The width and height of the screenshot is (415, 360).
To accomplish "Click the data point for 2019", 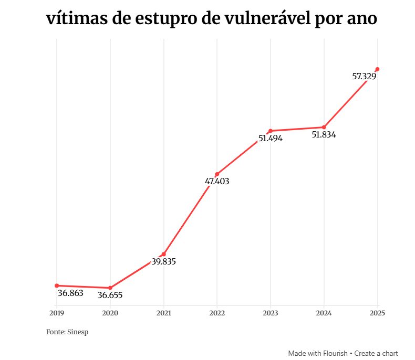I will click(x=57, y=285).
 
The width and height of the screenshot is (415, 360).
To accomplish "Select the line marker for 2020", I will click(x=110, y=288).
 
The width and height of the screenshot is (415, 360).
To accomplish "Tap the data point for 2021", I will click(x=164, y=254).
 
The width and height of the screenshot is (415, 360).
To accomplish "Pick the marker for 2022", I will click(x=217, y=174).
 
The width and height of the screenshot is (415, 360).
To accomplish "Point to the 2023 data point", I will click(x=271, y=131).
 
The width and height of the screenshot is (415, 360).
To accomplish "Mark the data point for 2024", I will click(x=324, y=127).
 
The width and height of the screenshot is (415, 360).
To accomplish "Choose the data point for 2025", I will click(x=377, y=69).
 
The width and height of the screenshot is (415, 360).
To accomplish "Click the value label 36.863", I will click(x=70, y=293).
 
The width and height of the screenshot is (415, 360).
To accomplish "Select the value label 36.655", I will click(x=110, y=295).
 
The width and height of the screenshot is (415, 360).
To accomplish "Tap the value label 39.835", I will click(x=164, y=261).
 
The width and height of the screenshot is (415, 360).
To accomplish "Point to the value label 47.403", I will click(x=217, y=182).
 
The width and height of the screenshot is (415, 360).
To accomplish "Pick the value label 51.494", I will click(x=271, y=139).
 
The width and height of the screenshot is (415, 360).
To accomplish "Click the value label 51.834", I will click(x=324, y=134).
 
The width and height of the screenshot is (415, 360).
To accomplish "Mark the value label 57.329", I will click(x=364, y=77).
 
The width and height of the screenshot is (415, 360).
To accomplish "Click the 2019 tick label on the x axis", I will click(x=57, y=313).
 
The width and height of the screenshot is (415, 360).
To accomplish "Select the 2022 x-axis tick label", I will click(x=217, y=313).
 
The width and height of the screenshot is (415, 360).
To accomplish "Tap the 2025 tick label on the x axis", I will click(x=377, y=313).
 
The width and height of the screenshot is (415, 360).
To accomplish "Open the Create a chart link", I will click(x=376, y=353).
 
